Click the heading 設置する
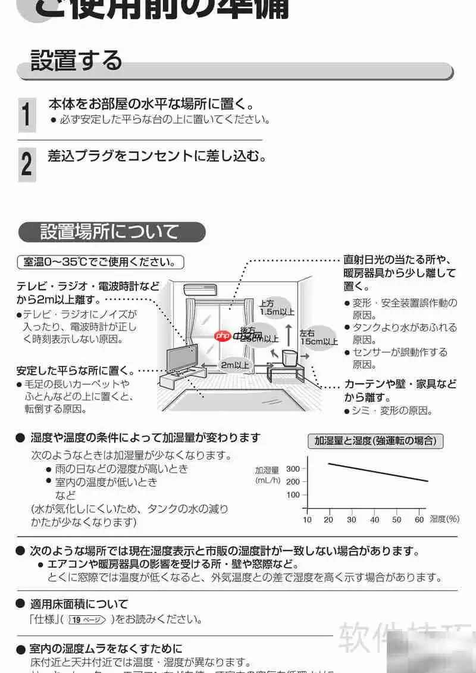click(76, 60)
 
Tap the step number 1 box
click(26, 114)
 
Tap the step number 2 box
click(26, 164)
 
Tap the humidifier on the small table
click(290, 357)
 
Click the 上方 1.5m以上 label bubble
click(277, 307)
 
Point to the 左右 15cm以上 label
click(318, 337)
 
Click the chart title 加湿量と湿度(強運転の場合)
click(375, 441)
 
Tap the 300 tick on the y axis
click(293, 469)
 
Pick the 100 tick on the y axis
click(293, 495)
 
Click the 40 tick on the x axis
click(374, 520)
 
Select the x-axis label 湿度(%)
click(444, 519)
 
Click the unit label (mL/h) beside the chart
click(267, 480)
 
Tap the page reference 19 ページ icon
click(87, 620)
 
